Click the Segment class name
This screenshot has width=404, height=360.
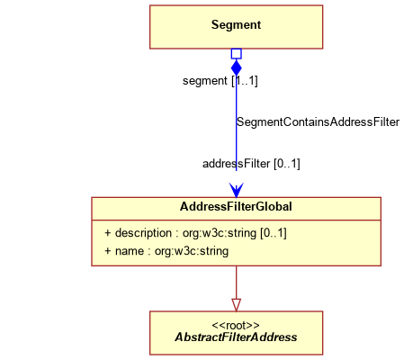pos(236,25)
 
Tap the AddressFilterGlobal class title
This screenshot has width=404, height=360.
pos(236,207)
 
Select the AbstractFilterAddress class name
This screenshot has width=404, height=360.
pos(236,337)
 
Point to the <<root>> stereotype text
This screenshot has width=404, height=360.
pos(236,326)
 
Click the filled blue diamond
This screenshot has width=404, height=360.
pos(237,67)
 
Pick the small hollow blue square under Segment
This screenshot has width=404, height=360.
pos(237,54)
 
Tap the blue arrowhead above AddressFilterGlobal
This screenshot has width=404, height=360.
pos(237,190)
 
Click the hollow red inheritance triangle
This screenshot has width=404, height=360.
pos(237,304)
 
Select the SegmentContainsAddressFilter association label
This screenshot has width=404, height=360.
pos(318,122)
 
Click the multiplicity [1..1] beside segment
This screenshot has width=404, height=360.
pos(245,81)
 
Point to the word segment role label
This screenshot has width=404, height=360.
pos(205,81)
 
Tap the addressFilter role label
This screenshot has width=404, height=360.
pos(237,164)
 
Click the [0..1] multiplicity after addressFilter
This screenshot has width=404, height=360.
pos(287,164)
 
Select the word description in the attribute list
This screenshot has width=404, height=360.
pos(143,233)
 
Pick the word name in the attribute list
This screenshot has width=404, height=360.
pos(130,251)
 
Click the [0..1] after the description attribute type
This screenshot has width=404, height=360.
pos(274,233)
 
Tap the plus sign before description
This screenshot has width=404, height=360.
pos(108,233)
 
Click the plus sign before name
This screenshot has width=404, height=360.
pos(108,251)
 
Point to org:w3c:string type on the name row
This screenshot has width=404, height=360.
pos(192,251)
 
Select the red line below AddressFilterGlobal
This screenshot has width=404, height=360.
pos(237,283)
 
